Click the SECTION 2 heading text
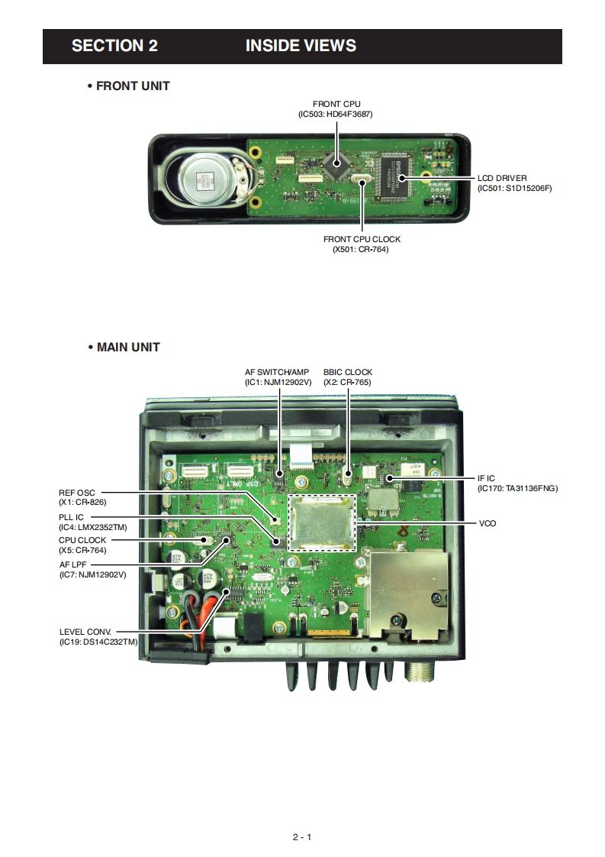[114, 46]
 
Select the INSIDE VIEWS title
[301, 46]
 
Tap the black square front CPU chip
[333, 161]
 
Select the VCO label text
[487, 523]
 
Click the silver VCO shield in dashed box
[323, 522]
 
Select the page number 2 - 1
[302, 837]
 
